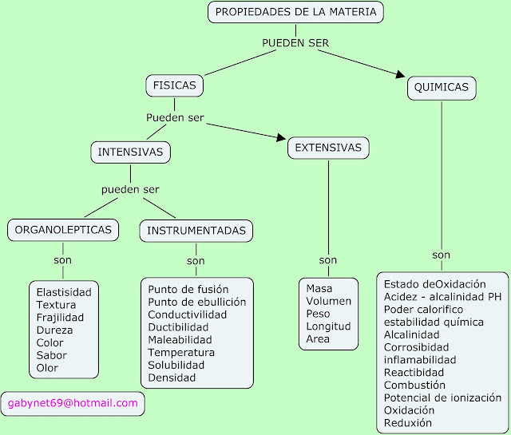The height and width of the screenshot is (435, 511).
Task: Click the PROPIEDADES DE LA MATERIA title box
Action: coord(296,13)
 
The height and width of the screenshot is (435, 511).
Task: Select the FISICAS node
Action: coord(175,85)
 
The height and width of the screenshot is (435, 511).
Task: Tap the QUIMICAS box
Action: coord(442,89)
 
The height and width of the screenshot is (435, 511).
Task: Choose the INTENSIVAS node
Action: coord(130,152)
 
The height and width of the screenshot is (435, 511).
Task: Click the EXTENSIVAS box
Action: coord(328,148)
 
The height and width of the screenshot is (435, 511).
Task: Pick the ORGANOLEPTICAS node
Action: coord(64,231)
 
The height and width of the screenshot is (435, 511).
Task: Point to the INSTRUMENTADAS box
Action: coord(196,231)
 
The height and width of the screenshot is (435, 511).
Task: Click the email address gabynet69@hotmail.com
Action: coord(73,403)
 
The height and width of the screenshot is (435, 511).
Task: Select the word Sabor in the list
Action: coord(51,355)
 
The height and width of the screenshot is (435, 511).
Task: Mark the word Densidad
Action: coord(172,378)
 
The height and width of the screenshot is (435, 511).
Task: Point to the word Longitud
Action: coord(328,326)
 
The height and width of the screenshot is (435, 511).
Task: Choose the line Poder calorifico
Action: coord(423,310)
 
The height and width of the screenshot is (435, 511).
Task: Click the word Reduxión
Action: coord(408,423)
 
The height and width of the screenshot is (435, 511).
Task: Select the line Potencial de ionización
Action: coord(442,397)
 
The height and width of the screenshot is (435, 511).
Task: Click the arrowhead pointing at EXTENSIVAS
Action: coord(282,138)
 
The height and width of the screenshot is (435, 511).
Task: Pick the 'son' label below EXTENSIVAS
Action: coord(328,260)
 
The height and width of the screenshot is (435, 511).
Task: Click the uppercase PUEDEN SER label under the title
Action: coord(295,42)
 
